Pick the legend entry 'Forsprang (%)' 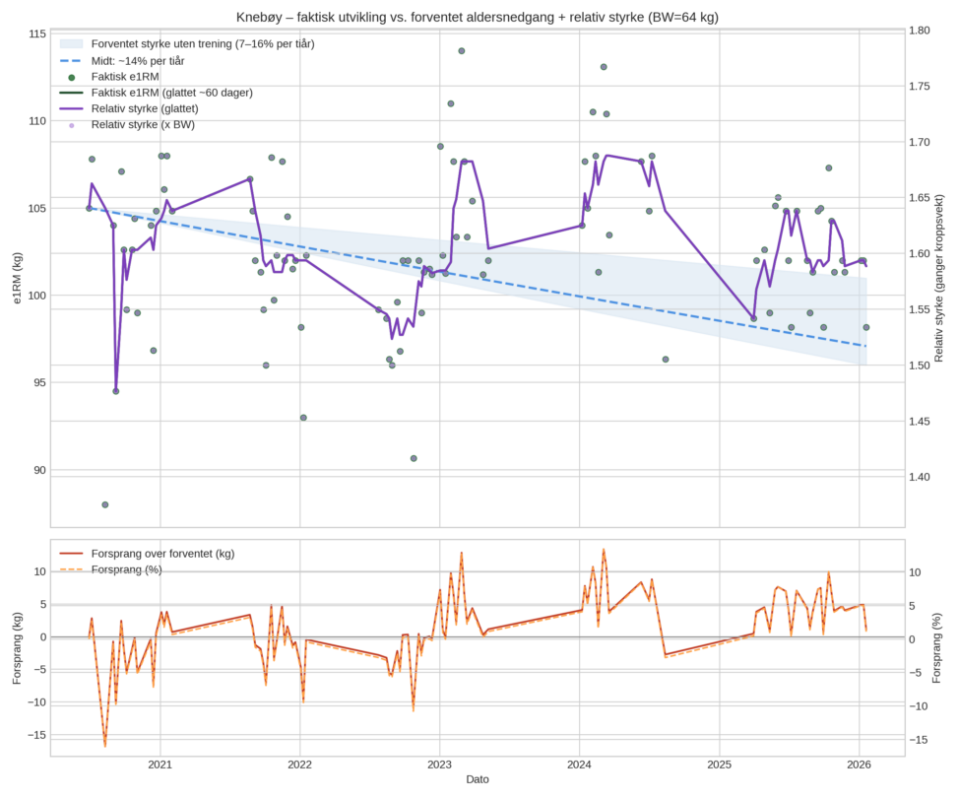click(x=127, y=569)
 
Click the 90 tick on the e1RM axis click(x=36, y=470)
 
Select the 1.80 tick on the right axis click(x=926, y=31)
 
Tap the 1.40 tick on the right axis click(x=926, y=478)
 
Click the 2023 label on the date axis click(x=439, y=764)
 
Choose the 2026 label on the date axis click(x=859, y=764)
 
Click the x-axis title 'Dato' click(x=478, y=779)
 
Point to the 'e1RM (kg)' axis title click(x=16, y=279)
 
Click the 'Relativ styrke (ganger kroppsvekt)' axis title click(x=942, y=279)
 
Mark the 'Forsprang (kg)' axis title click(x=16, y=646)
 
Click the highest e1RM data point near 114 click(x=461, y=51)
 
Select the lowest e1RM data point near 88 click(x=105, y=504)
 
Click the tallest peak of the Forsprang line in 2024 click(x=604, y=550)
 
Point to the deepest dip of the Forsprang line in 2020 click(x=105, y=745)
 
